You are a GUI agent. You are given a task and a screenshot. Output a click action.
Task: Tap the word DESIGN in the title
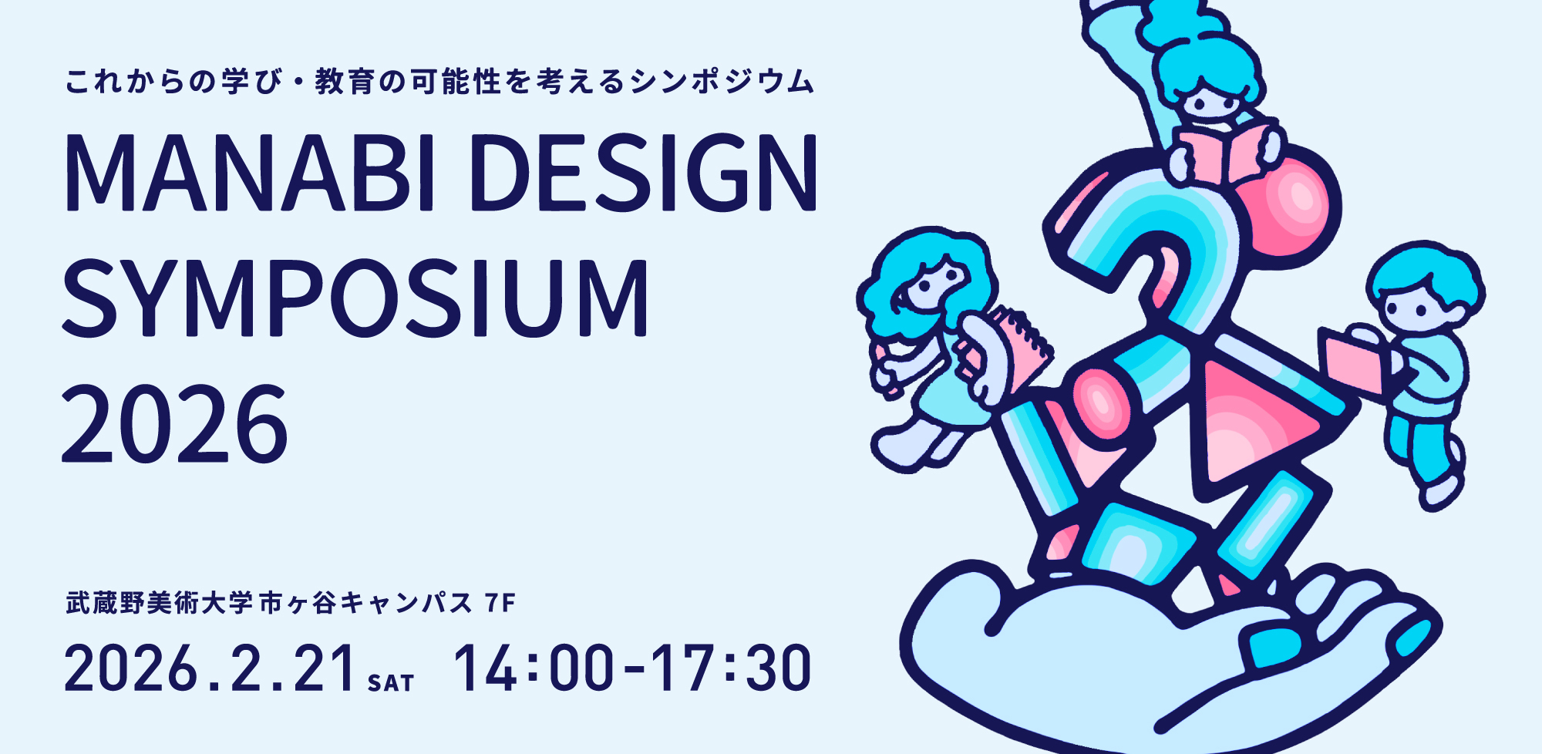point(643,173)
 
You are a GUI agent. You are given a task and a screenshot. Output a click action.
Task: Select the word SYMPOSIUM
point(355,298)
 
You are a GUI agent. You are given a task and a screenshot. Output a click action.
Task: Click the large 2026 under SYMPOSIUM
point(175,425)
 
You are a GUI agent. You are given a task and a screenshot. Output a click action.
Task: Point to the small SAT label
point(391,683)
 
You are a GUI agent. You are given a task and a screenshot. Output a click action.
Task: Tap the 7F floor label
point(500,603)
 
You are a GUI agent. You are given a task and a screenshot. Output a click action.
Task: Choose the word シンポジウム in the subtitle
point(722,82)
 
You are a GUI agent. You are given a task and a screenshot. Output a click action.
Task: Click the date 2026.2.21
point(210,668)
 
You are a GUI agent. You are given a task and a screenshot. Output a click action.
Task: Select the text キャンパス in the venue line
point(406,603)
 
